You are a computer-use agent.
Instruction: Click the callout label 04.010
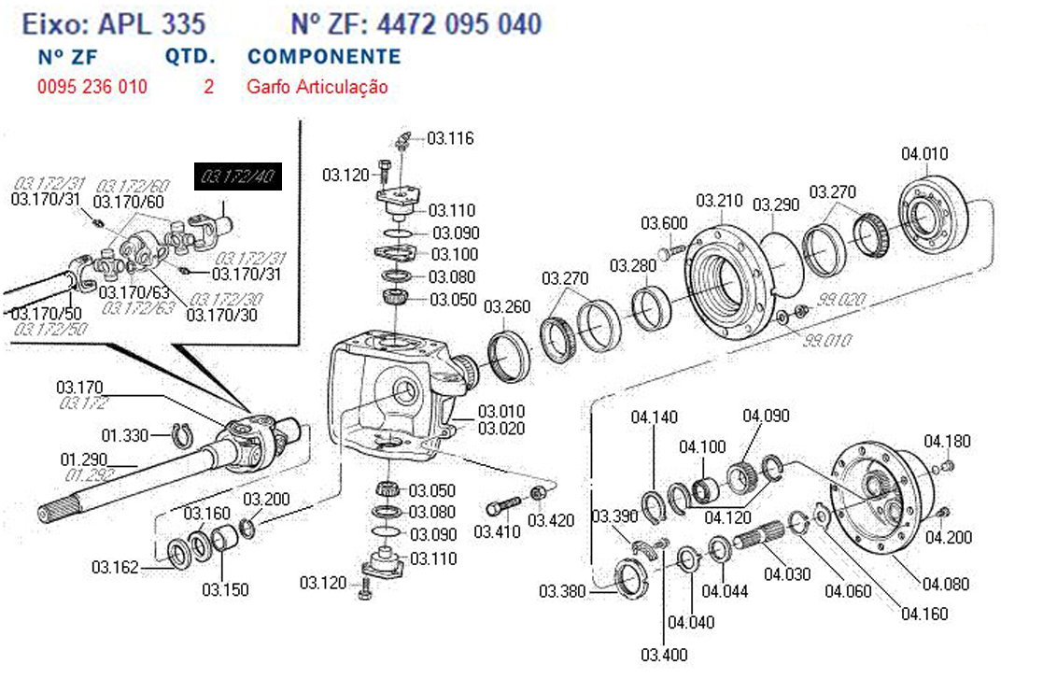pos(923,154)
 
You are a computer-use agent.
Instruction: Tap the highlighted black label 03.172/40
pos(238,177)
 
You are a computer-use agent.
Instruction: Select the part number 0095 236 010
pos(92,88)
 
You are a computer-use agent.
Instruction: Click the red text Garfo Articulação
pos(317,88)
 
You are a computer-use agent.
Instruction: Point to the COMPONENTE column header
pos(324,56)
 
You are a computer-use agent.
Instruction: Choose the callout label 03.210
pos(719,201)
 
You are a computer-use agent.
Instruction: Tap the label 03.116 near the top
pos(451,139)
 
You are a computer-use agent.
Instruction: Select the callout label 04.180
pos(947,442)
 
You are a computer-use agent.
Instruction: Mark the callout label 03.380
pos(562,592)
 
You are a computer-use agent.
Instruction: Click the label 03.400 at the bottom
pos(664,655)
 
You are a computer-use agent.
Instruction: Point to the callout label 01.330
pos(124,435)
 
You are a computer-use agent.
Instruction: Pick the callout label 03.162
pos(115,567)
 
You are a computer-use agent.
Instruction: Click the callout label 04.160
pos(923,614)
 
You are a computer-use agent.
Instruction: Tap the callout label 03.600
pos(664,223)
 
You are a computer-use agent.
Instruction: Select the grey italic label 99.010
pos(827,341)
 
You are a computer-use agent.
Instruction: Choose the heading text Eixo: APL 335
pos(114,23)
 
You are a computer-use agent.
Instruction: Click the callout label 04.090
pos(766,417)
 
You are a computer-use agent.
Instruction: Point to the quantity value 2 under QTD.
pos(208,88)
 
